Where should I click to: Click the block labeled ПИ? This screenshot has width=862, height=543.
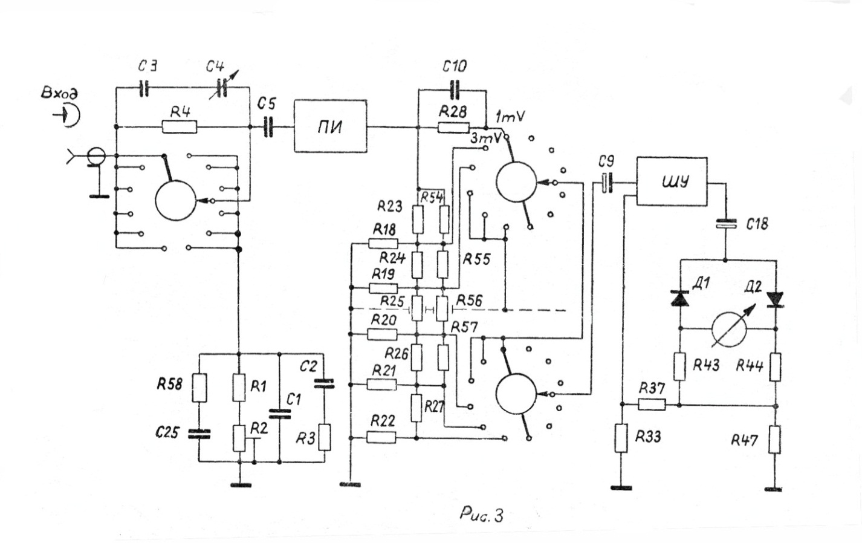point(331,126)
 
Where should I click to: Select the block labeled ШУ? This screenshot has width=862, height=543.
point(672,181)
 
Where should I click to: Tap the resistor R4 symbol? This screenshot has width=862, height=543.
point(180,126)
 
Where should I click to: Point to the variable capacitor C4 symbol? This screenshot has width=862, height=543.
point(222,88)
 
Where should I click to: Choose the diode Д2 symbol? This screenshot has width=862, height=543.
point(775,300)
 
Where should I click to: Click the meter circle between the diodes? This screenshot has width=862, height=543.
point(729,330)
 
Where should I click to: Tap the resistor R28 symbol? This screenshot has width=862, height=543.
point(454,128)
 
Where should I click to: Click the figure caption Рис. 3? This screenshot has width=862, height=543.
point(481,515)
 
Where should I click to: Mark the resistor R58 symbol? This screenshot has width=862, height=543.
point(199,388)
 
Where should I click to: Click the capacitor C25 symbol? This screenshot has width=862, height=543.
point(199,434)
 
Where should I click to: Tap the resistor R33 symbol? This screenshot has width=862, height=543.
point(621,438)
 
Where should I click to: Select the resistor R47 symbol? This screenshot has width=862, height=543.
point(774,440)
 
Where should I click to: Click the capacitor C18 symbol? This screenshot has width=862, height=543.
point(726,224)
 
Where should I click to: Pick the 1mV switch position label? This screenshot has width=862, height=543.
point(510,117)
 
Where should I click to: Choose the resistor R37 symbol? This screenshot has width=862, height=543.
point(652,405)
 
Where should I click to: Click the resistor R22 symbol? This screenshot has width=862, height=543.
point(381,437)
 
